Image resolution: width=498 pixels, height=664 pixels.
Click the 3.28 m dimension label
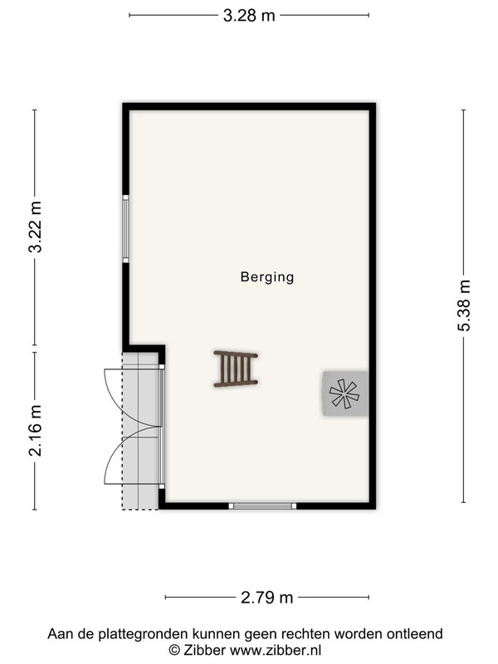click(249, 16)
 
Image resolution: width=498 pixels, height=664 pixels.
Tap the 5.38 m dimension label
click(464, 305)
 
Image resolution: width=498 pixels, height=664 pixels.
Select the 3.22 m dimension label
click(36, 227)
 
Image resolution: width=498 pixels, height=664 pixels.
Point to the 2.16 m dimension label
click(36, 431)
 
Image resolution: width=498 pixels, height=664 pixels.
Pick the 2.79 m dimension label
click(266, 598)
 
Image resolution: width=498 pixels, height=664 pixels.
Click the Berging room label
click(267, 277)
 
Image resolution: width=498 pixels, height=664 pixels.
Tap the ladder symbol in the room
click(236, 369)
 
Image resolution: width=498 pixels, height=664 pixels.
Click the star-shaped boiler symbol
click(344, 393)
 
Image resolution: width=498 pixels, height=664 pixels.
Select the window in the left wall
click(126, 229)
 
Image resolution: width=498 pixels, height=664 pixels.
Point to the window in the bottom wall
click(262, 505)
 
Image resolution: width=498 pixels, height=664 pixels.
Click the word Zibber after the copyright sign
click(204, 650)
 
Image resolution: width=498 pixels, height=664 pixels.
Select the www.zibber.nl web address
click(276, 650)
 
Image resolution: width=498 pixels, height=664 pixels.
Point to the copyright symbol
click(174, 650)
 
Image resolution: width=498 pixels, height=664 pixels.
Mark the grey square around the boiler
click(345, 393)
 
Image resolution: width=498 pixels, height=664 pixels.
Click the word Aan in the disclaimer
click(57, 634)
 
